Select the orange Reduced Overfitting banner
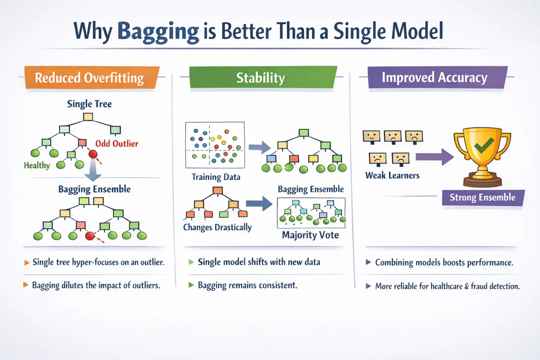point(91,78)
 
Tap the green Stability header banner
point(261,78)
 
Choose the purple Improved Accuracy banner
point(435,78)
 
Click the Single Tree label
point(89,104)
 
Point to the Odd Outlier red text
point(116,144)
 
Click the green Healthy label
point(37,165)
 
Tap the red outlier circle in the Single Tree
point(93,155)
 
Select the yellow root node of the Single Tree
point(88,117)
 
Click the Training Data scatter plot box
point(215,145)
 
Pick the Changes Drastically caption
point(217,227)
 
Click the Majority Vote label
point(310,235)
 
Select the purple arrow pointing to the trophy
point(434,157)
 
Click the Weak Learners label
point(392,176)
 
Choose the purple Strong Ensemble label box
point(483,198)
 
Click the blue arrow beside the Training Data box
point(260,147)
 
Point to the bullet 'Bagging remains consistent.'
point(247,285)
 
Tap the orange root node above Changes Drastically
point(218,190)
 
